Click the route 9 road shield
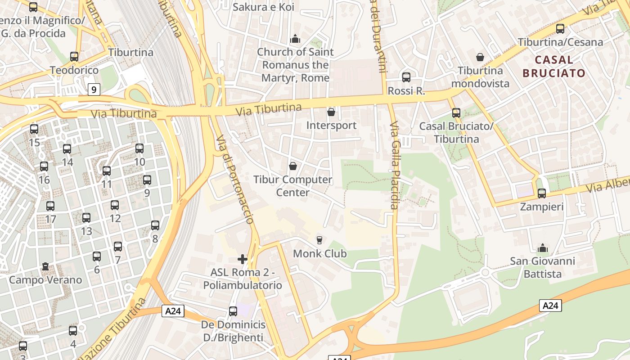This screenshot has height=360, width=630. [93, 90]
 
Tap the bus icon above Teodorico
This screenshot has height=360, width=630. [74, 57]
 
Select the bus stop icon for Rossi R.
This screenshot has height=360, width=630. [406, 77]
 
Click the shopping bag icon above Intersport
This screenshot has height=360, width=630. [331, 112]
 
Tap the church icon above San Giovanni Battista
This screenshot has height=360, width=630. [542, 248]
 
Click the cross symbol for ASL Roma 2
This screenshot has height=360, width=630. [243, 259]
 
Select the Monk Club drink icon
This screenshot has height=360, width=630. [319, 240]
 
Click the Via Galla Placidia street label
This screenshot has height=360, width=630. [395, 166]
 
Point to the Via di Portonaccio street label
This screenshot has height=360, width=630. [235, 180]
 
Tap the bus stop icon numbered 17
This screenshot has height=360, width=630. [50, 206]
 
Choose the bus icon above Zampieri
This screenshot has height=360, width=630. [542, 193]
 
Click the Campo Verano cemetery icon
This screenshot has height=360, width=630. [45, 267]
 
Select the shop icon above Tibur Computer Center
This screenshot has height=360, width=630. [292, 166]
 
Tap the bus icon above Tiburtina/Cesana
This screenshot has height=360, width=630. [560, 29]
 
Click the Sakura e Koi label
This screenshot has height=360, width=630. [263, 7]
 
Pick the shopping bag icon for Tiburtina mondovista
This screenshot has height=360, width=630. [480, 57]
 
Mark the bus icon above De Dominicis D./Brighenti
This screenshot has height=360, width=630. [233, 311]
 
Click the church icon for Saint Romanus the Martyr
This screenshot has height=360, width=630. [295, 39]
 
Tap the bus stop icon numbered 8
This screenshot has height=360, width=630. [155, 225]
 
